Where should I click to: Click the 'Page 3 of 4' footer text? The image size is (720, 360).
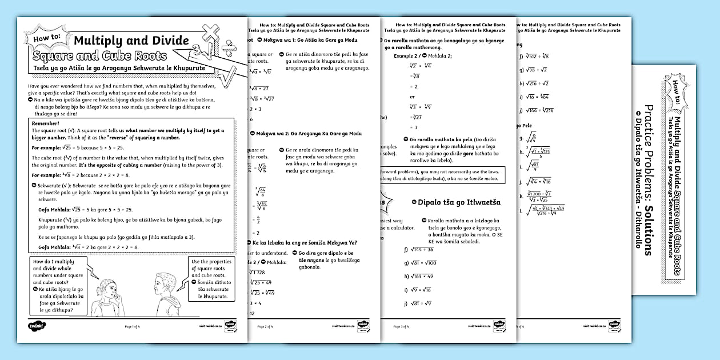pyautogui.click(x=402, y=326)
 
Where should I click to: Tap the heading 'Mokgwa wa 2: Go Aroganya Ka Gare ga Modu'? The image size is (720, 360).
pyautogui.click(x=309, y=133)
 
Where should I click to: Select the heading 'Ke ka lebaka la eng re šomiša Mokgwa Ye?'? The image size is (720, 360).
pyautogui.click(x=305, y=242)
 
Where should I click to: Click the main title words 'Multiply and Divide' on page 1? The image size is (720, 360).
pyautogui.click(x=131, y=40)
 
